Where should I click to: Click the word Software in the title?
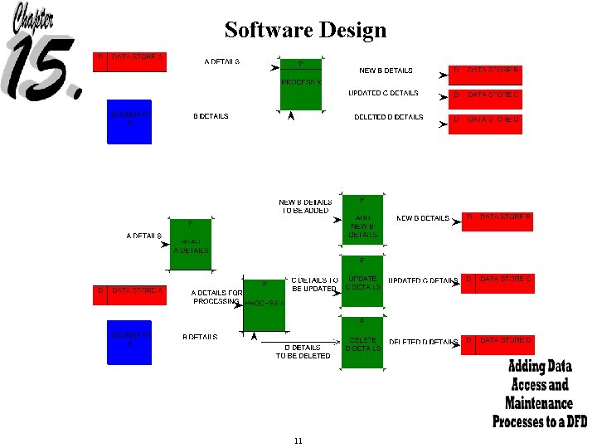point(263,31)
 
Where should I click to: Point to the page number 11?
point(298,441)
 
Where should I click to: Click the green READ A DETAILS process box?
point(191,244)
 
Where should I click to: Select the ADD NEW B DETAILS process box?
point(362,219)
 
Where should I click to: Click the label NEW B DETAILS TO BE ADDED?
point(305,206)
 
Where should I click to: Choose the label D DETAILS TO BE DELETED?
point(302,352)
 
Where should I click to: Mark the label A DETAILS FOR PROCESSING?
point(216,297)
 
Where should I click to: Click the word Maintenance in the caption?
point(539,403)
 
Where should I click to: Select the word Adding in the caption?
point(526,367)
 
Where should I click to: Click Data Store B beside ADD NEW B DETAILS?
point(498,222)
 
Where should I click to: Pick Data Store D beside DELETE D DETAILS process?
point(498,344)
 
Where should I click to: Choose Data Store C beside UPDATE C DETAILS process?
point(498,283)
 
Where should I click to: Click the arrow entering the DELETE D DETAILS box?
point(337,342)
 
